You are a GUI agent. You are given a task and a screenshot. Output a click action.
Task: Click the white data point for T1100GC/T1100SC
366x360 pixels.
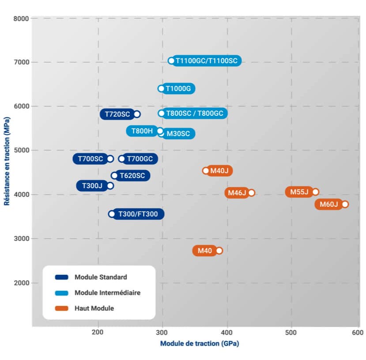coord(171,61)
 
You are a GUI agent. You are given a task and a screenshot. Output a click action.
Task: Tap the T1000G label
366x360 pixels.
coord(178,89)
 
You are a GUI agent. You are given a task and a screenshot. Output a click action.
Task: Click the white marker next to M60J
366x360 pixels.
coord(345,204)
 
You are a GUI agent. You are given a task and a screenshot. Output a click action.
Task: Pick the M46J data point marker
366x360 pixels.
coord(251,193)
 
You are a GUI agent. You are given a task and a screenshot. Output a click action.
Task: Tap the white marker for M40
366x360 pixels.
coord(219,250)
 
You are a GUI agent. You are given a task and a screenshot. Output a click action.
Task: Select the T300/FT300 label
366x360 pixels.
coord(138,214)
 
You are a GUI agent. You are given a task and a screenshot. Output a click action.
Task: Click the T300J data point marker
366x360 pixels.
coord(110,186)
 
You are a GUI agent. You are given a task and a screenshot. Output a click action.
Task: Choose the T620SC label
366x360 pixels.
coord(132,176)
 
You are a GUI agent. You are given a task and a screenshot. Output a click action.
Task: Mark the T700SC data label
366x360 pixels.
coord(91,159)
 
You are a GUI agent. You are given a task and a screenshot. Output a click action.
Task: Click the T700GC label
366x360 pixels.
coord(140,159)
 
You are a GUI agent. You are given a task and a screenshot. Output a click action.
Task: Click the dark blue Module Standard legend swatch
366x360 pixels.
coord(62,277)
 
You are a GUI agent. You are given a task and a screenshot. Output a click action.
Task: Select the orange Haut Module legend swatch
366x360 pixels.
coord(62,308)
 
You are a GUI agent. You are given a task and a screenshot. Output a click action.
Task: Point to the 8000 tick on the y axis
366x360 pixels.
coord(21,19)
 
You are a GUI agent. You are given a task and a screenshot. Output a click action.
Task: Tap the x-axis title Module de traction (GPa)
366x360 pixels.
coord(199,344)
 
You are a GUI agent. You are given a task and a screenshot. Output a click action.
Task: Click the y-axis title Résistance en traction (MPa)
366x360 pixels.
coord(7,161)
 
